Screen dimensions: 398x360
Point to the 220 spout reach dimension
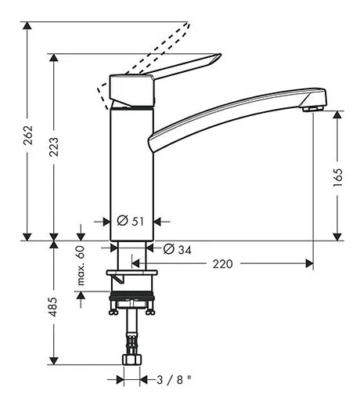223,265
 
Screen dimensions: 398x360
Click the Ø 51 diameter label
131,222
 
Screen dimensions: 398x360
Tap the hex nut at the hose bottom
131,358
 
